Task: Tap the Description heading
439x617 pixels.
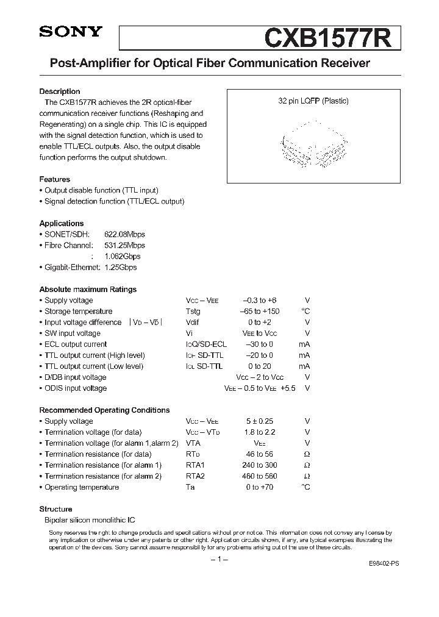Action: point(60,91)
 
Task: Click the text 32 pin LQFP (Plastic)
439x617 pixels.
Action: point(313,101)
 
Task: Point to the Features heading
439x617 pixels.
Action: point(55,179)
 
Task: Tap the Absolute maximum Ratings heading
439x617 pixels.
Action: point(88,290)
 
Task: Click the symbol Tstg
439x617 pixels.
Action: point(193,312)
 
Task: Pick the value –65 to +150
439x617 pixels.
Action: point(261,312)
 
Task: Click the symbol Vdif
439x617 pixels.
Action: point(193,323)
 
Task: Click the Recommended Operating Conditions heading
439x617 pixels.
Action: point(104,410)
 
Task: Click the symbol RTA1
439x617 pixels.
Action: point(195,465)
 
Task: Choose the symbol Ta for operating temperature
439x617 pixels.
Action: point(190,487)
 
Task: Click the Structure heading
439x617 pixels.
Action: point(55,509)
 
